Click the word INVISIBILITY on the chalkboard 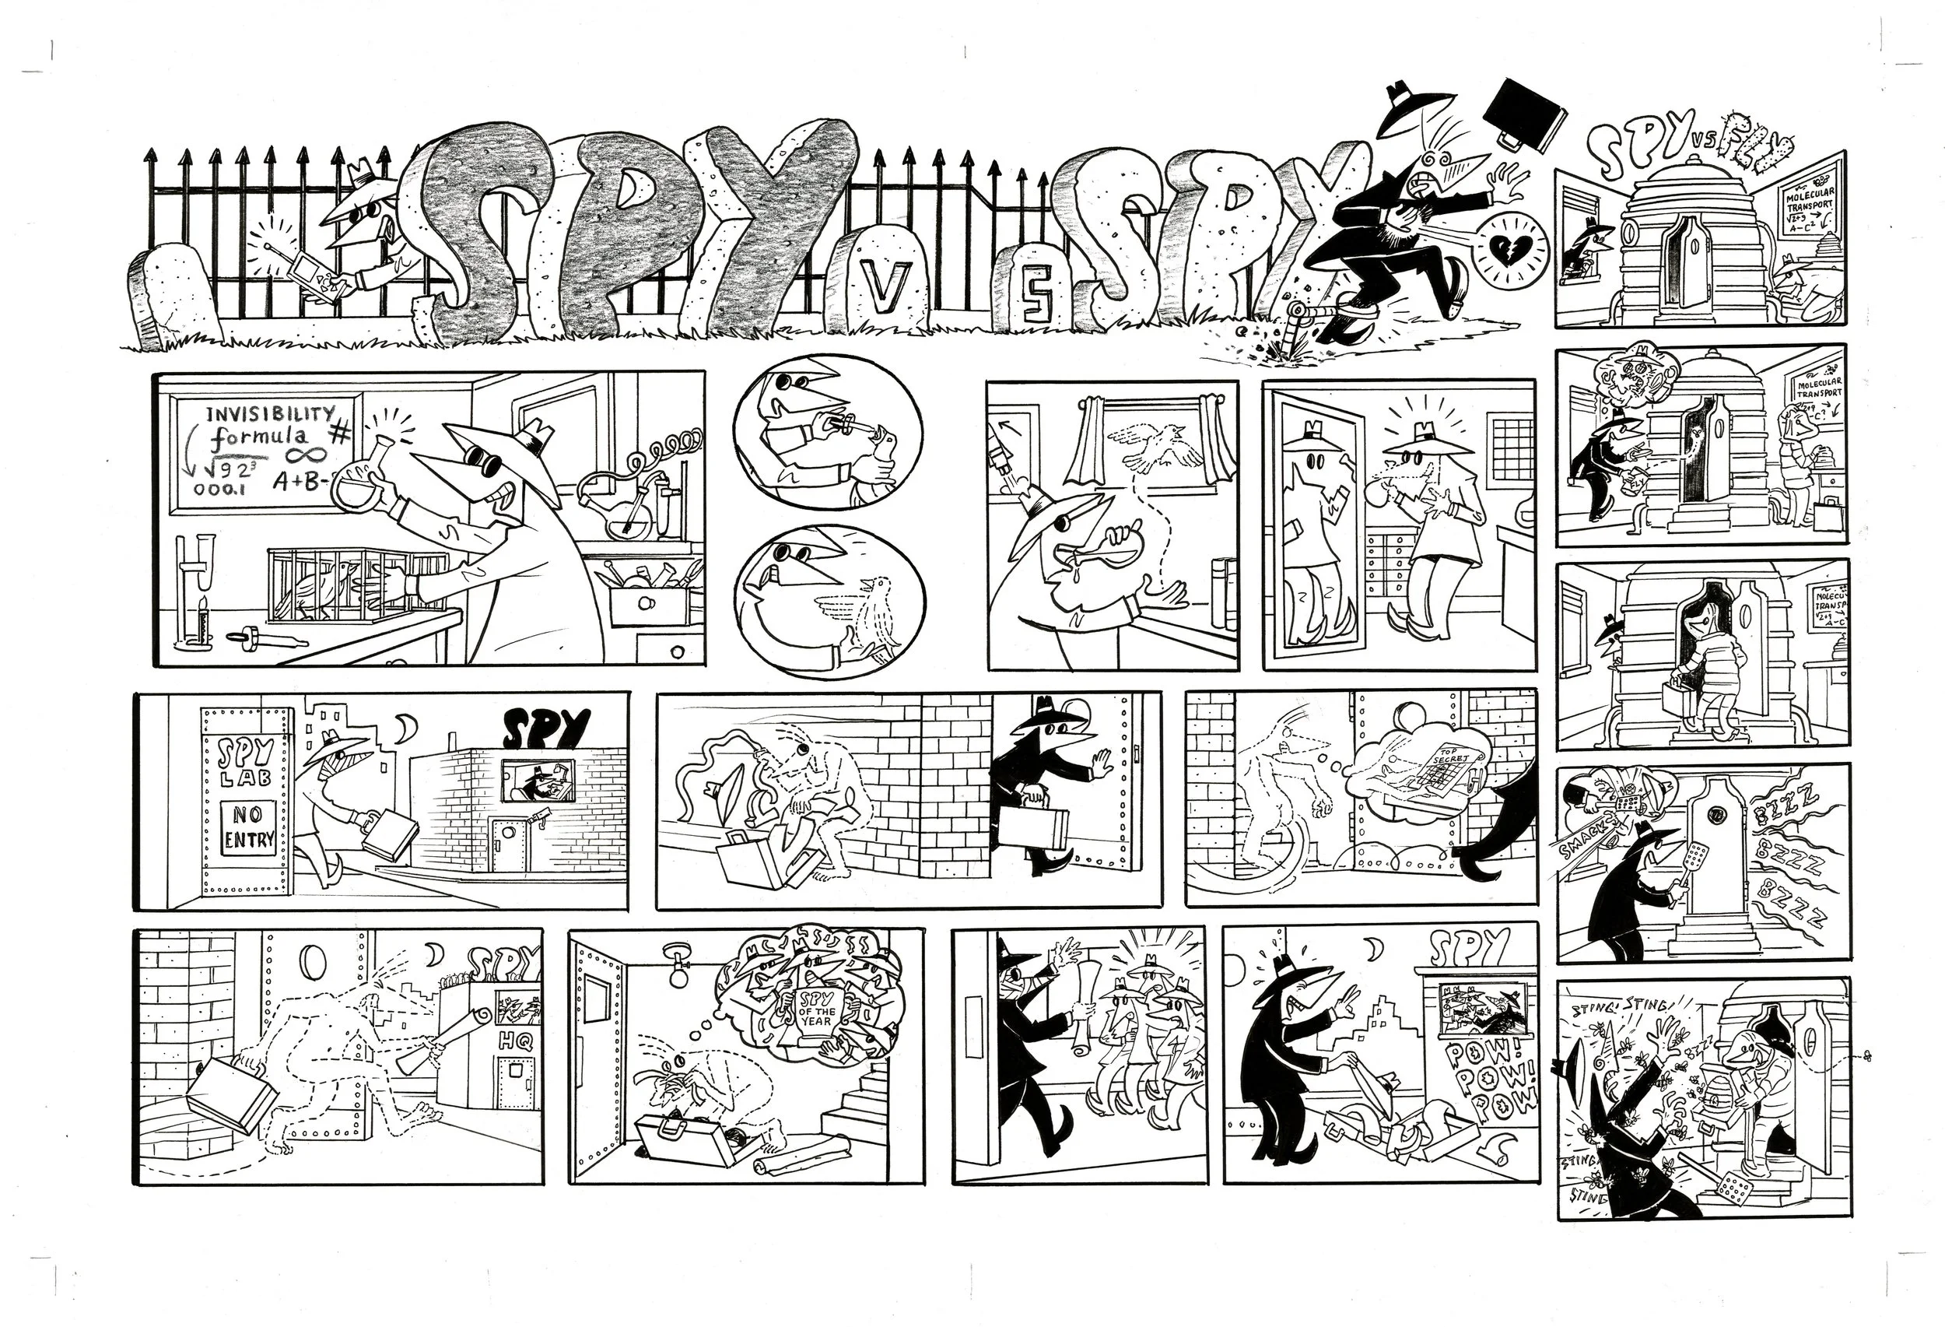269,414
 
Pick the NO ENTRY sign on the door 247,827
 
